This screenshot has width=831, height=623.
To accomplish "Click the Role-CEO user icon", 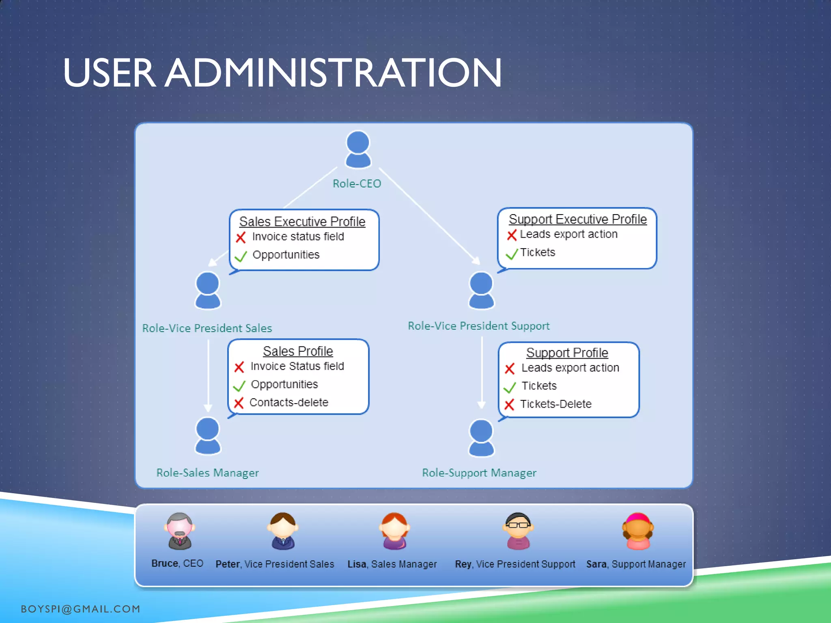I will (x=358, y=149).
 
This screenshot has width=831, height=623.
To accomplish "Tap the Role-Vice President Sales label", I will (x=207, y=328).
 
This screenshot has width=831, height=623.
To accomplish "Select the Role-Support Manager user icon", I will (x=481, y=438).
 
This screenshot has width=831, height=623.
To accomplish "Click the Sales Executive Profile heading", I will (x=302, y=221).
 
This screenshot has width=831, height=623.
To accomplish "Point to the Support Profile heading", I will (x=567, y=353).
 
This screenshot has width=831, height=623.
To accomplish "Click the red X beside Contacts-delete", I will (x=239, y=403).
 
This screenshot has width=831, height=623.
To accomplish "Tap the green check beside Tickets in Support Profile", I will (x=510, y=387).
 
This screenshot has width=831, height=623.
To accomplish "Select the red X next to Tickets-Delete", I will (x=509, y=404).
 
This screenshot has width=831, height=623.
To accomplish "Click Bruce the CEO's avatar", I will (x=180, y=531).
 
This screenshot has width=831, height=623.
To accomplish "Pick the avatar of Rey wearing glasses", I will (x=518, y=531).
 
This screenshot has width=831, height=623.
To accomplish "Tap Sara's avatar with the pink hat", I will (x=638, y=531).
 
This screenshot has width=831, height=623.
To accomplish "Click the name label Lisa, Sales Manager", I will (x=392, y=564).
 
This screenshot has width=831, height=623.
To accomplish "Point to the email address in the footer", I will (x=80, y=609).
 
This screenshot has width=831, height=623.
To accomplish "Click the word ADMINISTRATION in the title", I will (x=334, y=73).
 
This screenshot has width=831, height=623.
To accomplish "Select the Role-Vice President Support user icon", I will (x=481, y=290).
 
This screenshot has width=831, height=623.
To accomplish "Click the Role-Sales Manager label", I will (x=207, y=473).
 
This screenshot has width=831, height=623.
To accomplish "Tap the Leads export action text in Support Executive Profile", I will (x=568, y=234).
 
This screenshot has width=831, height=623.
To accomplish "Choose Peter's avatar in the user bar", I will (x=283, y=531).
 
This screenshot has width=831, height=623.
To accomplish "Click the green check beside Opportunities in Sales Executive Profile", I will (x=241, y=256).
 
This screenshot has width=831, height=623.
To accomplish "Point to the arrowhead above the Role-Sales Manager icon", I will (x=208, y=408).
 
